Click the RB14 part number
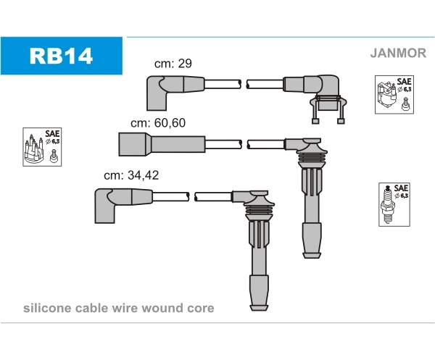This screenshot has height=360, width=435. click(x=61, y=56)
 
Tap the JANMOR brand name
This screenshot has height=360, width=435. click(x=398, y=53)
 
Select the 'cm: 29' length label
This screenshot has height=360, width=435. click(x=173, y=64)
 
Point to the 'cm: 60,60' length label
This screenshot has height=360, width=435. click(x=158, y=123)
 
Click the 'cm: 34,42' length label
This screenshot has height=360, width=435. click(x=131, y=175)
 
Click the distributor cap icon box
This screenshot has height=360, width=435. click(x=42, y=147)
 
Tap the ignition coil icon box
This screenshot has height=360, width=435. click(x=394, y=94)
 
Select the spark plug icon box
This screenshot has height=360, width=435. click(x=394, y=204)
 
